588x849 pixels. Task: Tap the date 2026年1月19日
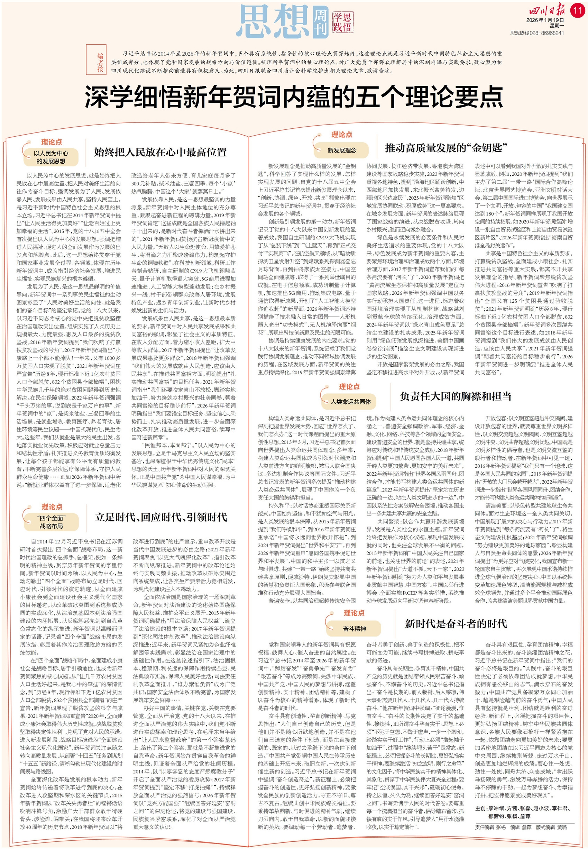point(545,20)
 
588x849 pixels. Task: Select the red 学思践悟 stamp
point(342,22)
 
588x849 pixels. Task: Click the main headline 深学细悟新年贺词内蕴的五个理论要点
point(294,97)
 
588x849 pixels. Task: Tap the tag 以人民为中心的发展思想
point(51,157)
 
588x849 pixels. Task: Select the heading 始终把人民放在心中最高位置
point(160,152)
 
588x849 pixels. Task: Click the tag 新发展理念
point(341,150)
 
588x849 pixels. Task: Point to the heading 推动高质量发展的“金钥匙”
point(446,148)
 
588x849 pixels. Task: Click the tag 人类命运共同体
point(350,401)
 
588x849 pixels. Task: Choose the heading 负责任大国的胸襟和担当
point(456,396)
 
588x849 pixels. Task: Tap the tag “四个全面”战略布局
point(51,522)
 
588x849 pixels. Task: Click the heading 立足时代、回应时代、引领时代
point(161,517)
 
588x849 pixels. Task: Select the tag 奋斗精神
point(354,628)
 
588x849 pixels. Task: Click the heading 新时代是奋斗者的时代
point(456,623)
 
